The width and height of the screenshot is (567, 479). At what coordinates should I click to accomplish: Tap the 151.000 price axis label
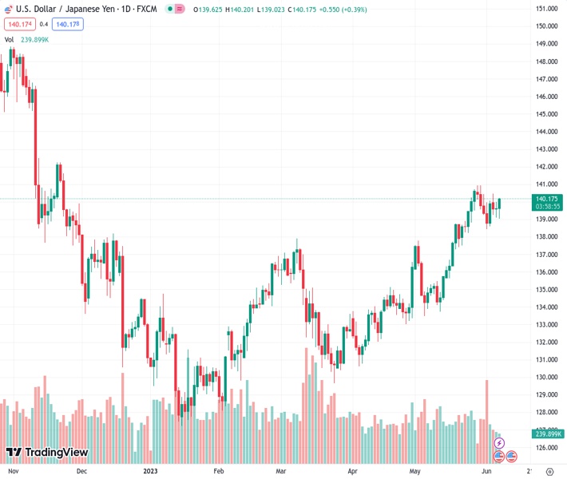(x=546, y=9)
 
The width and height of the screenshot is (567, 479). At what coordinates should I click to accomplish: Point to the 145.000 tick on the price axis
(x=546, y=114)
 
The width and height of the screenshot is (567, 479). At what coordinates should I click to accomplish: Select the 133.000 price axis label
(x=546, y=325)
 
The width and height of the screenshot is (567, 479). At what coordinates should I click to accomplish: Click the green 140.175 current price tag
(x=548, y=199)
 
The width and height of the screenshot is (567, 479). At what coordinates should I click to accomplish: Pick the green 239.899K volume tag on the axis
(x=548, y=433)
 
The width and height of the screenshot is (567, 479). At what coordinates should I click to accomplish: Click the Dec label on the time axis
(x=81, y=472)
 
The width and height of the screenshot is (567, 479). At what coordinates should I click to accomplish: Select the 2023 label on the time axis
(x=151, y=472)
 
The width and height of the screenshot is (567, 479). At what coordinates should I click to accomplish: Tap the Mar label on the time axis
(x=281, y=472)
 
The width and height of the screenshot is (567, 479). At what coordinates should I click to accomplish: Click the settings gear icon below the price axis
(x=549, y=472)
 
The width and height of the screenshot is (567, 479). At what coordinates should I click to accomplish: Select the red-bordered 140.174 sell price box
(x=18, y=24)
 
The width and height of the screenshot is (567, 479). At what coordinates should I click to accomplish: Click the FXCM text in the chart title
(x=147, y=9)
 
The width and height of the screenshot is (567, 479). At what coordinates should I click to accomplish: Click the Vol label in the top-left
(x=10, y=39)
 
